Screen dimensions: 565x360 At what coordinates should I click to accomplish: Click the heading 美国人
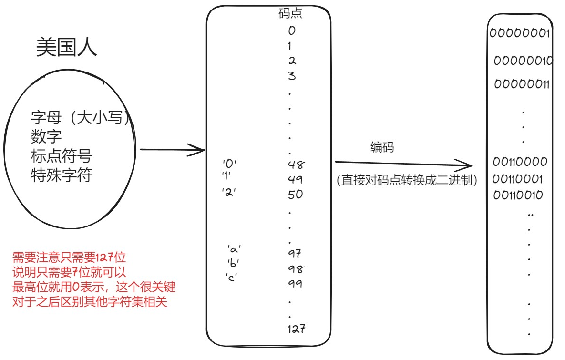point(66,48)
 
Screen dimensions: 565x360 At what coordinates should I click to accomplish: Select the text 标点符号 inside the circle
point(61,156)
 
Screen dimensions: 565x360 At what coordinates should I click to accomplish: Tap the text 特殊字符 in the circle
point(61,175)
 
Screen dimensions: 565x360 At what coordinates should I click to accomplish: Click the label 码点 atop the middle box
point(290,14)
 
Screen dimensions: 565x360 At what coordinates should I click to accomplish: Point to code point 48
point(296,165)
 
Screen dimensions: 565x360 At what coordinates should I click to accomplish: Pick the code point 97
point(295,253)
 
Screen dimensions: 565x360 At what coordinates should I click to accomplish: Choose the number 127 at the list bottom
point(296,329)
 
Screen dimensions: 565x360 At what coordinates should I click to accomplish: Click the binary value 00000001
point(520,33)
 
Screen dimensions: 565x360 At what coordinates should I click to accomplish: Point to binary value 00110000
point(520,162)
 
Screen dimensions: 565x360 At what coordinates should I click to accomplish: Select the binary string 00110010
point(518,195)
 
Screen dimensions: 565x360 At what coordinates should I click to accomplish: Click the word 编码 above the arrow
point(382,147)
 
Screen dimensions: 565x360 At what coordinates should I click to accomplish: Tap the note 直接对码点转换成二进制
point(407,181)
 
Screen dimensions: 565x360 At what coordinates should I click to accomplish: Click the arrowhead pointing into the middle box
point(200,150)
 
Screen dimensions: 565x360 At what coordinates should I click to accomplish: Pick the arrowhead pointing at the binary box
point(467,166)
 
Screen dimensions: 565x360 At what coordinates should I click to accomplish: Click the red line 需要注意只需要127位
point(69,258)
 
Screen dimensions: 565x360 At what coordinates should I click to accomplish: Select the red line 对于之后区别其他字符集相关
point(90,302)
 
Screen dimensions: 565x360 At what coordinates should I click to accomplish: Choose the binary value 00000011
point(522,84)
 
